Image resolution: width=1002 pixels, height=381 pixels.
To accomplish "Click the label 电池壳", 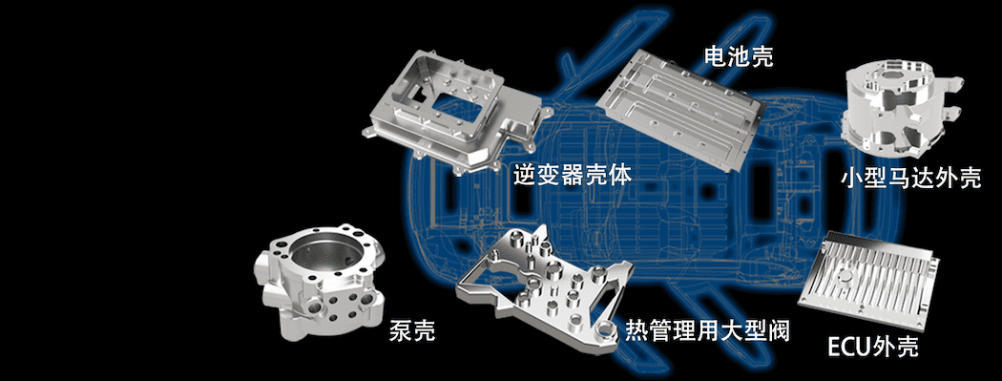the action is (738, 56).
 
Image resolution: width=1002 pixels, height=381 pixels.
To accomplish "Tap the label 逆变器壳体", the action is (572, 174).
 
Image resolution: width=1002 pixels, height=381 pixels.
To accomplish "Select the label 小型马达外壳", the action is (910, 179).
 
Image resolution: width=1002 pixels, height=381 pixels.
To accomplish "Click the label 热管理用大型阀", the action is (707, 329).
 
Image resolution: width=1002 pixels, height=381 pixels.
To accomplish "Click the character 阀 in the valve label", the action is (779, 329).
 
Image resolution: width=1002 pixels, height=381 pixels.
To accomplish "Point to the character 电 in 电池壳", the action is (715, 56).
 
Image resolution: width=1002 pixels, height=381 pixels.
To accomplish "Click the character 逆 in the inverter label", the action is (525, 174).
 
